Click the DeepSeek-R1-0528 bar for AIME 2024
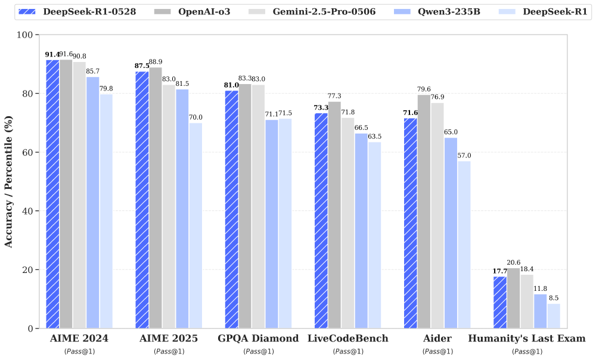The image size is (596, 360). [x=52, y=194]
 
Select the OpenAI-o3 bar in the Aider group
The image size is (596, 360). [x=424, y=211]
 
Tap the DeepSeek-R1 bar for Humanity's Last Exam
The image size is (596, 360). [x=554, y=315]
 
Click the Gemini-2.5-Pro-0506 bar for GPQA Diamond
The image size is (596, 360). [x=258, y=206]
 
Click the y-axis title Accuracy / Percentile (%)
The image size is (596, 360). [x=9, y=182]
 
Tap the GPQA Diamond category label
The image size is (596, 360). [x=259, y=339]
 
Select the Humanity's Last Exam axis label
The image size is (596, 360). [x=527, y=339]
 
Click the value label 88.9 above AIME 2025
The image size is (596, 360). [x=156, y=62]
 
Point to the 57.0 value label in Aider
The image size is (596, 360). [x=464, y=156]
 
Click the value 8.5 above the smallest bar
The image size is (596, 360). [x=554, y=298]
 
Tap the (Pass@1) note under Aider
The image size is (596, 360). [x=437, y=352]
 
